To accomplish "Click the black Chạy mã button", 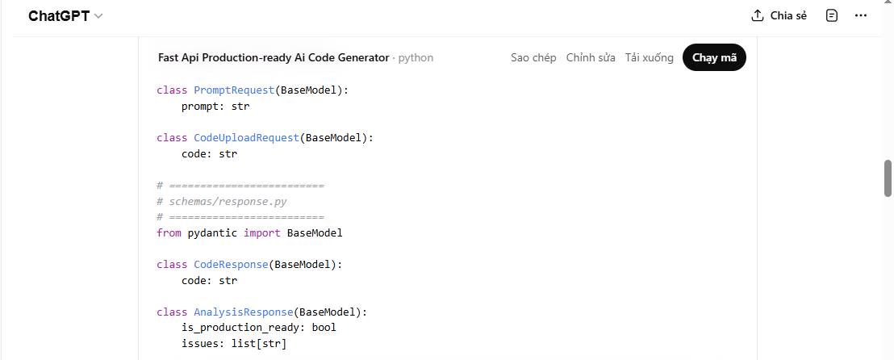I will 714,57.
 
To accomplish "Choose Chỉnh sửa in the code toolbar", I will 591,57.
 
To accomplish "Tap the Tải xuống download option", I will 649,57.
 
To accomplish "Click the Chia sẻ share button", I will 779,15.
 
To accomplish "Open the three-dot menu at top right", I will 861,15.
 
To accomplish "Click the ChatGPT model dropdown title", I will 65,16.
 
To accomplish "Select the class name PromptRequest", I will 234,90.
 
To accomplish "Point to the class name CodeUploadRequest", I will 246,138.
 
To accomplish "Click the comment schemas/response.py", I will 228,201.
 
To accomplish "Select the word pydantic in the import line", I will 212,232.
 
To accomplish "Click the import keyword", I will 262,232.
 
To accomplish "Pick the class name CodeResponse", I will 231,264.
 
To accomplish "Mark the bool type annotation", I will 324,328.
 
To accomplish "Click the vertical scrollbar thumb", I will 888,178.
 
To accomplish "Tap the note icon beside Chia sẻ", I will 832,15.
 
